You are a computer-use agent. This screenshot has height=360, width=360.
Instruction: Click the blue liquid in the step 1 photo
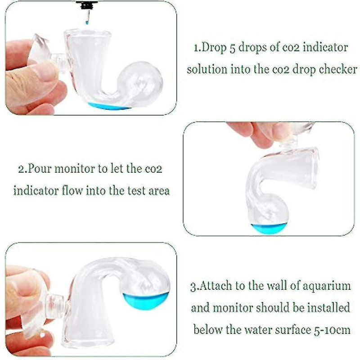pos(108,106)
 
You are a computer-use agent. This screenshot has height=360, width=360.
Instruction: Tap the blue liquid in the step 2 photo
pos(269,228)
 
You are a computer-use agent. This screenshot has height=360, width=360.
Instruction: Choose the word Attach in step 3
pos(218,286)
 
